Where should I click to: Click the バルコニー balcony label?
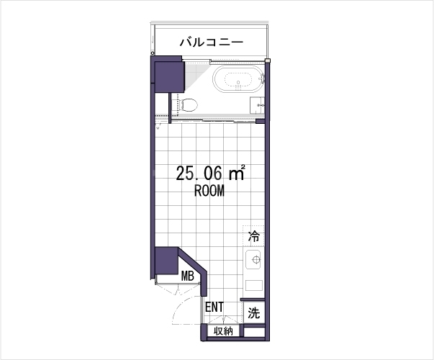pos(212,42)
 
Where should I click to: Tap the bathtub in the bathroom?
pos(238,78)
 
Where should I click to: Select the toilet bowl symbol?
pos(189,104)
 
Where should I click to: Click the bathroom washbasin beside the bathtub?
pos(257,105)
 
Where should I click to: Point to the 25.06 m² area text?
pos(210,173)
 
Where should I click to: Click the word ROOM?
pos(209,191)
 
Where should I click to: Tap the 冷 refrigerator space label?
pos(254,236)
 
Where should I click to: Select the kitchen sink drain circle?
pos(256,259)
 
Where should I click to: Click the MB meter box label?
pos(187,276)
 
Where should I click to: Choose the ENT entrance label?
pos(214,307)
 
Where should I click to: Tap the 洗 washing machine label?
pos(254,313)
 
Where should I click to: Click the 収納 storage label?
pos(223,331)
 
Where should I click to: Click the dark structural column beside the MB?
pos(166,261)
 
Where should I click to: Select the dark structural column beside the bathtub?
pos(169,77)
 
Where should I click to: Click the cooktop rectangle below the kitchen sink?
pos(254,285)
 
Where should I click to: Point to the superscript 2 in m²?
pos(243,167)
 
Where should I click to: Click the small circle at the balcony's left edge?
pos(153,53)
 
